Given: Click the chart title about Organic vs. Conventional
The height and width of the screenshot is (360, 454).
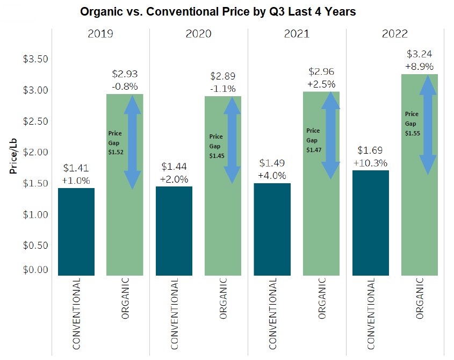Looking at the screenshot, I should point(218,11).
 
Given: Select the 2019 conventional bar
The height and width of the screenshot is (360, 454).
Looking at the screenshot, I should point(76,232).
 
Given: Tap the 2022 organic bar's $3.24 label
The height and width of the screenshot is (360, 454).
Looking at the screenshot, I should point(420,54).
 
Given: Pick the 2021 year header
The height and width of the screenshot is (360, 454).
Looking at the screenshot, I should point(297,34).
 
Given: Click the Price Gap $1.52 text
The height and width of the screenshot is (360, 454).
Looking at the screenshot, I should point(116,142).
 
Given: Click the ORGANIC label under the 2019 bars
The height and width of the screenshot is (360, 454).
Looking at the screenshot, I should point(125,298).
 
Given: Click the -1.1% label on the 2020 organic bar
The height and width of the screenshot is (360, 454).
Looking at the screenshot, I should point(222,89).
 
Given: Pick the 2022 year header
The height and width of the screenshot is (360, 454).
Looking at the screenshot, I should point(395,34).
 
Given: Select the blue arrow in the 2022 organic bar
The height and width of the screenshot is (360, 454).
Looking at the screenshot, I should point(428,125).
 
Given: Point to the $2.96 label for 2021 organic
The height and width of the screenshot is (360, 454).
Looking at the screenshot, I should point(321,71).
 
